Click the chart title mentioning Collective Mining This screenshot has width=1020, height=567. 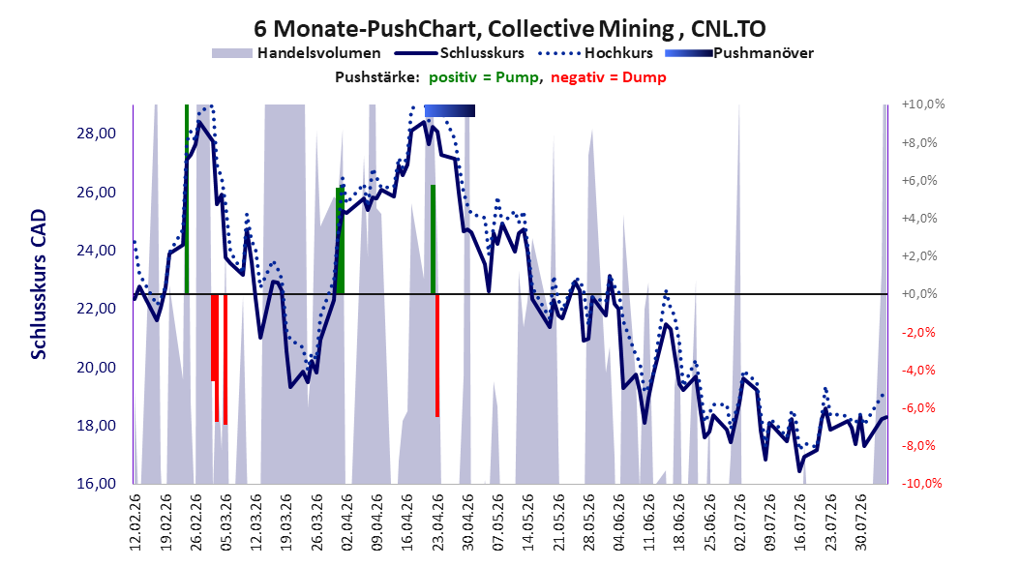click(x=509, y=29)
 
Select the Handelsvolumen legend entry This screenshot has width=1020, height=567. click(x=297, y=53)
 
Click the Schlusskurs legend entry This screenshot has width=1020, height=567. click(x=460, y=53)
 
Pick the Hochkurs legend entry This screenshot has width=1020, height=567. click(x=595, y=53)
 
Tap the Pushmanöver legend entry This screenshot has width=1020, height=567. click(x=739, y=53)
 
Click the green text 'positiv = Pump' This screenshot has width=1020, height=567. click(x=483, y=77)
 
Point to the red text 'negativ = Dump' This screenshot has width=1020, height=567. click(x=609, y=77)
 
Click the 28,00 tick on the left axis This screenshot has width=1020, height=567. click(x=96, y=134)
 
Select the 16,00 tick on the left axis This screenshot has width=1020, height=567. click(x=96, y=484)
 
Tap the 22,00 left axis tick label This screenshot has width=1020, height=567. click(x=96, y=309)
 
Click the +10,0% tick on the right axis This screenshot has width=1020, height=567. click(x=923, y=104)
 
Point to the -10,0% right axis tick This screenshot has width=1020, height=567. click(x=921, y=483)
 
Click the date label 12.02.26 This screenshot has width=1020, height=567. click(x=135, y=523)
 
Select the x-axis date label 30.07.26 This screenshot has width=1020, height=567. click(x=861, y=523)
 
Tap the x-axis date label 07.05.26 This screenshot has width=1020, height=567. click(x=498, y=523)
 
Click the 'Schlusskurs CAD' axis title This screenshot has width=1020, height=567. click(x=39, y=283)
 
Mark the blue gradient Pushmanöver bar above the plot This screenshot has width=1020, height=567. click(x=449, y=110)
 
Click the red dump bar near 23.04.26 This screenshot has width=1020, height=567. click(x=437, y=355)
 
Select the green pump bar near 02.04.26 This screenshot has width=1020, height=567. click(x=340, y=241)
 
